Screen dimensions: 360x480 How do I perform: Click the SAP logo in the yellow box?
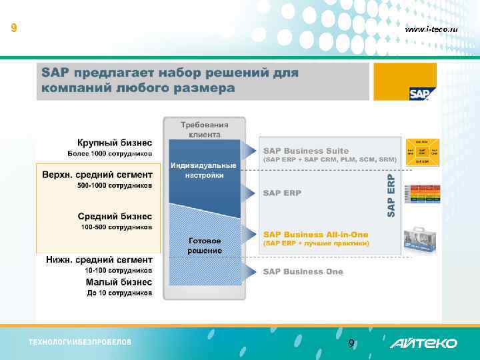click(420, 93)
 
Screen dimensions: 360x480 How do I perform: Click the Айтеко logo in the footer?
click(423, 343)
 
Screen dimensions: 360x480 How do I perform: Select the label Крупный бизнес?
click(115, 143)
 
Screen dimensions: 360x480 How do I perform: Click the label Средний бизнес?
click(115, 217)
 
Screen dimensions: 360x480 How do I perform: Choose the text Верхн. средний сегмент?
click(97, 175)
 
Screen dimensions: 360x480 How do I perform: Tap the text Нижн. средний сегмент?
click(99, 259)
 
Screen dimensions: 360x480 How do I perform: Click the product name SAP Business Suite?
click(306, 151)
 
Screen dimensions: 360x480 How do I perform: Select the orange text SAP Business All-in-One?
click(315, 235)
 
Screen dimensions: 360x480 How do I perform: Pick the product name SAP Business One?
click(303, 271)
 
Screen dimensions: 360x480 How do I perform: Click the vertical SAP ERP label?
click(391, 195)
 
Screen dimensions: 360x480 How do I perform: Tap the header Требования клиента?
click(205, 129)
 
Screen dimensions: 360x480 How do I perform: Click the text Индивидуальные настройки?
click(203, 170)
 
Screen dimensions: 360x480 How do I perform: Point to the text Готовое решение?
click(205, 245)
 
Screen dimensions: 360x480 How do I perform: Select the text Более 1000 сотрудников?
click(110, 154)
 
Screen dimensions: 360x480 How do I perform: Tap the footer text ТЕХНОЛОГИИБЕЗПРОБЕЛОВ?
click(80, 343)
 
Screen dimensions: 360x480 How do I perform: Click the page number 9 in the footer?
click(351, 344)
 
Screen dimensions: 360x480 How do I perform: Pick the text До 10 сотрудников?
click(119, 293)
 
